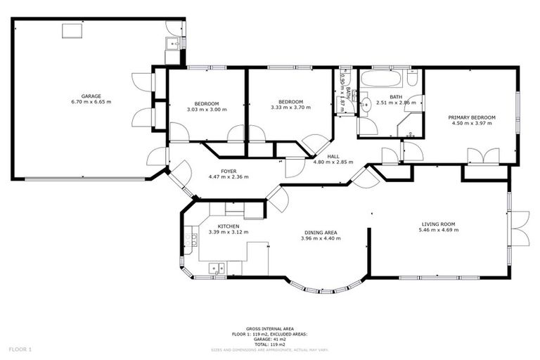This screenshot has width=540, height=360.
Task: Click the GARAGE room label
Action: (x=91, y=96)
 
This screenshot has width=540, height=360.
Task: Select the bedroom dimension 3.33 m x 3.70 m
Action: (x=290, y=108)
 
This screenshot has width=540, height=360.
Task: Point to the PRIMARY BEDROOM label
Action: (x=472, y=117)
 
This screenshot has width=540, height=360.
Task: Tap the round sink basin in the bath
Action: (x=365, y=105)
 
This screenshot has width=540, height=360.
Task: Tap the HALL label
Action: (x=333, y=156)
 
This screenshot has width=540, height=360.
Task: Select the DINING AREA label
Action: (x=320, y=232)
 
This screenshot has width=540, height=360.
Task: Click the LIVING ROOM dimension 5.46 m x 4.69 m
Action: (x=437, y=230)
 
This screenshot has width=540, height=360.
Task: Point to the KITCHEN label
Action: (x=228, y=226)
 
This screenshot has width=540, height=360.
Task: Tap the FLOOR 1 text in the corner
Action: (x=20, y=349)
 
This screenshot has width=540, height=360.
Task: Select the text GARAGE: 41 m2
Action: (x=269, y=339)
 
